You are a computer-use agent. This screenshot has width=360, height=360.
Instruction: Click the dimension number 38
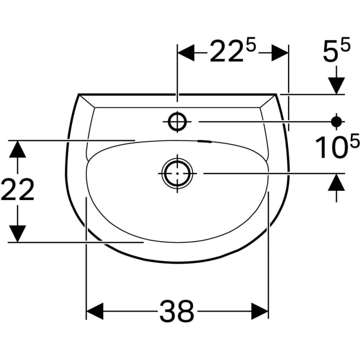(x=177, y=311)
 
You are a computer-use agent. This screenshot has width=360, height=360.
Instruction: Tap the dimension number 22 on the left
(x=17, y=189)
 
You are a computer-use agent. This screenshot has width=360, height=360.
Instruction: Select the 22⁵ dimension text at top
(x=232, y=51)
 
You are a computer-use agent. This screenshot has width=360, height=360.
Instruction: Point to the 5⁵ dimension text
(x=336, y=49)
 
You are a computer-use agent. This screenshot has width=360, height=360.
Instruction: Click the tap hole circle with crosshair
(x=177, y=121)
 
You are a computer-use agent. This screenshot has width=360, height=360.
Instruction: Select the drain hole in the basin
(x=177, y=173)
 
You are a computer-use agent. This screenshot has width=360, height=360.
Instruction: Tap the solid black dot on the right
(x=336, y=122)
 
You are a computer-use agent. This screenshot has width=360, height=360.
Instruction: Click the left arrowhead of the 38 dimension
(x=94, y=311)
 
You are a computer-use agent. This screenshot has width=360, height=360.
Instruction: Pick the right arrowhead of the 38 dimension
(x=260, y=311)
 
